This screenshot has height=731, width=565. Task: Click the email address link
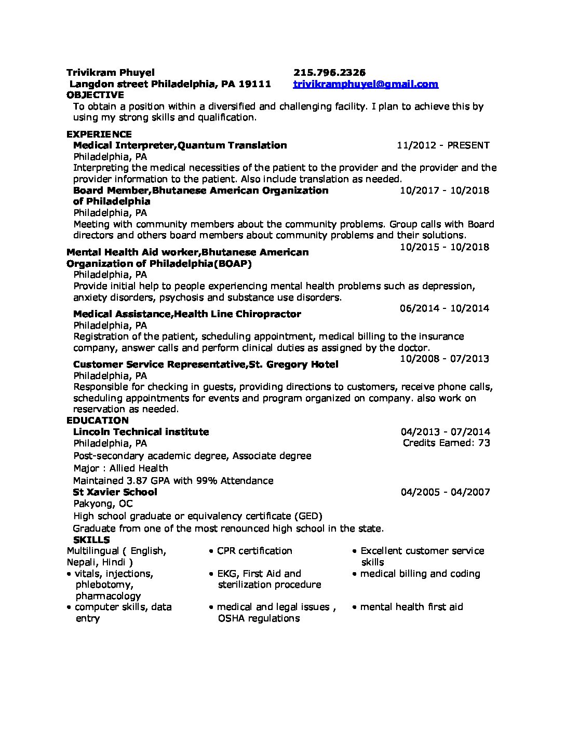(x=366, y=84)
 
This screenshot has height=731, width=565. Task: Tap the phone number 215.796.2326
(x=329, y=73)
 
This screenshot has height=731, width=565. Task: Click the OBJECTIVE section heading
(x=96, y=95)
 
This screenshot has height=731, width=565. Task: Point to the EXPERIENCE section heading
(x=99, y=134)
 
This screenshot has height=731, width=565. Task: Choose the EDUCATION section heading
(x=98, y=421)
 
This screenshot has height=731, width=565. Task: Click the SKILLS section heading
(x=91, y=540)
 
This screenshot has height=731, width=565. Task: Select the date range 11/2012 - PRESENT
(x=443, y=145)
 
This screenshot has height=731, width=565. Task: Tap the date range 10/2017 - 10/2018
(x=445, y=191)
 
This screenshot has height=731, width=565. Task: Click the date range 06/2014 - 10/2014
(x=445, y=308)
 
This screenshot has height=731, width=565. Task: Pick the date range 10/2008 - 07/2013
(x=445, y=359)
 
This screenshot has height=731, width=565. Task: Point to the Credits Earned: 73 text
(x=447, y=443)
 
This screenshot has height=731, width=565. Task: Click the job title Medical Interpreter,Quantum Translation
(x=180, y=145)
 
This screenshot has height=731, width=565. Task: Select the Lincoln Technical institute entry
(x=141, y=432)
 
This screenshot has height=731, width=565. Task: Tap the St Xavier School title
(x=115, y=492)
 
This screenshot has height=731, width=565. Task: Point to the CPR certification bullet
(x=254, y=551)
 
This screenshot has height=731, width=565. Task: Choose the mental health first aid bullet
(x=411, y=607)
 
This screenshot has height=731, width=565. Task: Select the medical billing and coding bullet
(x=420, y=574)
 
